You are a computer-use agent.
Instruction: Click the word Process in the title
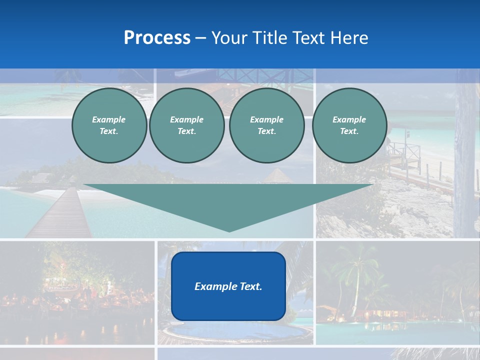coord(157,38)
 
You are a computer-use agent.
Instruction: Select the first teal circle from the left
coord(109,125)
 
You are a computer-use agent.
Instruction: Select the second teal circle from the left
coord(186,125)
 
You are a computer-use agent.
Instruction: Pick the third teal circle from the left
coord(266,125)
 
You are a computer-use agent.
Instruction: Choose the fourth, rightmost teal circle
coord(349,125)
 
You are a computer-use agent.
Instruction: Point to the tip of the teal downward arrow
coord(229,230)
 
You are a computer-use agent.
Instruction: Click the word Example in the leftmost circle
coord(109,119)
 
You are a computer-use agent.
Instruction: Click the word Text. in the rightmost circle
coord(349,131)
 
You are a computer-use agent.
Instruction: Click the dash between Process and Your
coord(200,38)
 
